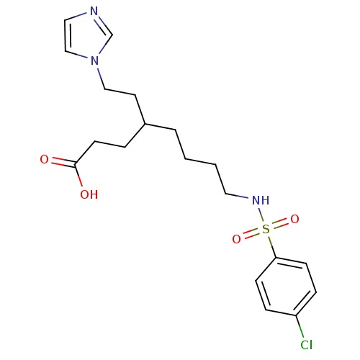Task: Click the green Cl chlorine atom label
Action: coord(307,345)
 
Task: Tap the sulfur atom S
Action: coord(266,229)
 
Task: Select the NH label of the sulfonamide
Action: coord(261,200)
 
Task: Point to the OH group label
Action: coord(89,194)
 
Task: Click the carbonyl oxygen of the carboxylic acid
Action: coord(44,159)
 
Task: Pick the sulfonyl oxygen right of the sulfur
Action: coord(294,219)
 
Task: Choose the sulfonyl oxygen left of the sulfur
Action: coord(236,239)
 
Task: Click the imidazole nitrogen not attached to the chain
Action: coord(94,12)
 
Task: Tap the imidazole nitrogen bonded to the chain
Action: coord(95,60)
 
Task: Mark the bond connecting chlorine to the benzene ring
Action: coord(300,327)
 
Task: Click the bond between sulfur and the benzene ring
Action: coord(272,246)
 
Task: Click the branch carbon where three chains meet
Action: coord(145,124)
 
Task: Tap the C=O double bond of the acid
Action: coord(63,162)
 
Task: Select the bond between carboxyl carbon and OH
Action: coord(78,176)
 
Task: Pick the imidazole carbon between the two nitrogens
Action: coord(112,35)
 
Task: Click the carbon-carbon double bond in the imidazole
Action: coord(66,35)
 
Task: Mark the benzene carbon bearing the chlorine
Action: coord(296,315)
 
